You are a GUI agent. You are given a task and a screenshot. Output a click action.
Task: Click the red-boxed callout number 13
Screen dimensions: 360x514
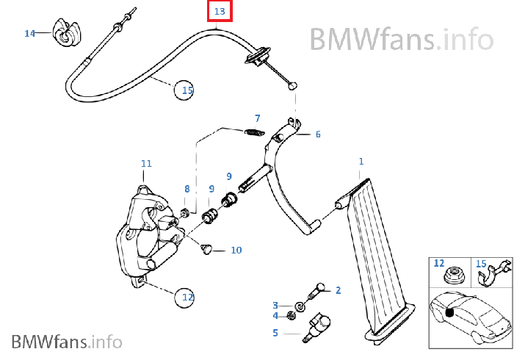pyautogui.click(x=220, y=12)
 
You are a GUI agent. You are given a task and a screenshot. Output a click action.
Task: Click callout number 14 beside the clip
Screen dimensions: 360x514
pyautogui.click(x=29, y=33)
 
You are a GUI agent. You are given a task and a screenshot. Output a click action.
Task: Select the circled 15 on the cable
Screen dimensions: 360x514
pyautogui.click(x=187, y=90)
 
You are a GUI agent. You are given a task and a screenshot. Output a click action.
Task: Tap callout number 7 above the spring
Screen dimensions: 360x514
pyautogui.click(x=257, y=118)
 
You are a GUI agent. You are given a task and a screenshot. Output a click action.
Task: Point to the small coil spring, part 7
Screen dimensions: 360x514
pyautogui.click(x=252, y=132)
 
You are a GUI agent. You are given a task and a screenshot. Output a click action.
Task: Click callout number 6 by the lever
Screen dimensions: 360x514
pyautogui.click(x=318, y=134)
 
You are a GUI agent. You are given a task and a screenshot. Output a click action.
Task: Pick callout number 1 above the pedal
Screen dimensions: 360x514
pyautogui.click(x=361, y=161)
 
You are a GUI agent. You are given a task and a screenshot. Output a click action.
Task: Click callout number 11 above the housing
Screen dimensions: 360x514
pyautogui.click(x=146, y=163)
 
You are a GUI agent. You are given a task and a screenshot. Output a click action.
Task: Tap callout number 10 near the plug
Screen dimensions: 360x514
pyautogui.click(x=236, y=251)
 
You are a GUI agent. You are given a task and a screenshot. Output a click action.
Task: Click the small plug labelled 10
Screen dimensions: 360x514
pyautogui.click(x=206, y=249)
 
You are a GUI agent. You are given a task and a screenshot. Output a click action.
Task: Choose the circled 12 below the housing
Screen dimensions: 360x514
pyautogui.click(x=187, y=298)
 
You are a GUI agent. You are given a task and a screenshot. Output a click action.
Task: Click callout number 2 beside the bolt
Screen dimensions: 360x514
pyautogui.click(x=338, y=290)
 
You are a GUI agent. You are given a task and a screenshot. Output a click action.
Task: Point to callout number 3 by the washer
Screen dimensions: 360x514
pyautogui.click(x=275, y=305)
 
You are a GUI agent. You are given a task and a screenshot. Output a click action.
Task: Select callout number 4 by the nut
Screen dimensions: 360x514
pyautogui.click(x=275, y=316)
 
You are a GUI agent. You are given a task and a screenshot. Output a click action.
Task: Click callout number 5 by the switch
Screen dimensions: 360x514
pyautogui.click(x=275, y=333)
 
